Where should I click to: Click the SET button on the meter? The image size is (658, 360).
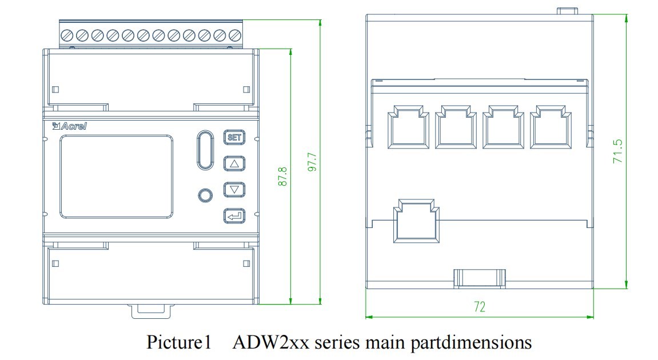point(234,137)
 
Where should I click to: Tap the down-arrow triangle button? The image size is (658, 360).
point(234,190)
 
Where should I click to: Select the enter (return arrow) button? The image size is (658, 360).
point(234,216)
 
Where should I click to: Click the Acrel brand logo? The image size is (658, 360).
point(70,126)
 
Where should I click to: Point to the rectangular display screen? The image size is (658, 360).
point(116,177)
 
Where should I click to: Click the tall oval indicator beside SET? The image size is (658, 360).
point(205,150)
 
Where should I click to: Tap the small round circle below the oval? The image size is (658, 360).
point(205,195)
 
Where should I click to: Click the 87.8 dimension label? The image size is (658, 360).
point(283,177)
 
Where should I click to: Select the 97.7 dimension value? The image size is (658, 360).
point(313,162)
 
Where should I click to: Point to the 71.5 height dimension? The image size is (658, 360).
point(618,151)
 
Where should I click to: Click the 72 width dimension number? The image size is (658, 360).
point(480,307)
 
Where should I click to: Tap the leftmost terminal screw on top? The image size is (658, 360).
point(67,35)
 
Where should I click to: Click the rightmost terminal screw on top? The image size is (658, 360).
point(235,35)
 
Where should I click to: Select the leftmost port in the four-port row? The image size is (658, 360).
point(408,127)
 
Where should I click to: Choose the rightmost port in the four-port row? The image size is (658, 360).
point(551,127)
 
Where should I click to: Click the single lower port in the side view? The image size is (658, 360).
point(416,221)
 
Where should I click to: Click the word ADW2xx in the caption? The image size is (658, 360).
point(270,342)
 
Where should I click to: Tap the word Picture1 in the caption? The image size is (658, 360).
point(179,342)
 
